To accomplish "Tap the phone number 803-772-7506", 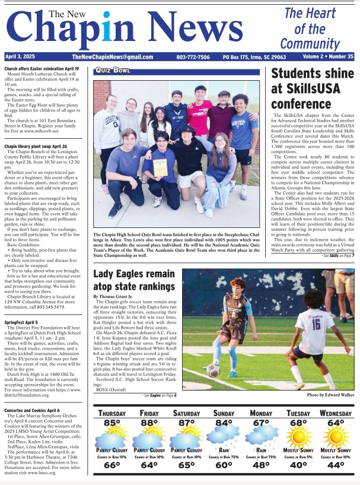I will point(193,57).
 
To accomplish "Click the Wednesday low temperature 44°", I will point(336,466).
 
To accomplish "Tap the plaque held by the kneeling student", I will point(160,167).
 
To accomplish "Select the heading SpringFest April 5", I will point(21,323).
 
